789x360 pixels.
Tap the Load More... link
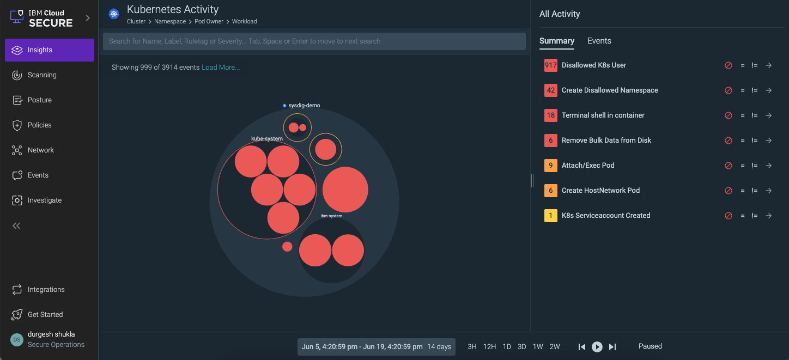click(x=221, y=68)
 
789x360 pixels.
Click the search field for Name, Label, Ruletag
click(x=314, y=41)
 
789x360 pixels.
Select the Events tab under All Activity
click(x=599, y=41)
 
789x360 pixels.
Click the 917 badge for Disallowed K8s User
click(x=550, y=65)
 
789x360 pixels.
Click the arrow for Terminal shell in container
click(x=768, y=115)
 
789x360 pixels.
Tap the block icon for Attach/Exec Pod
click(x=728, y=166)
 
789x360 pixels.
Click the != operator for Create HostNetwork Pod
click(x=755, y=191)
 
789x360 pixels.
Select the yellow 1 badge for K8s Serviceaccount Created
click(x=550, y=216)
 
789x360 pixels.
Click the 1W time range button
click(x=538, y=347)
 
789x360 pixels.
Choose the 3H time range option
click(x=472, y=347)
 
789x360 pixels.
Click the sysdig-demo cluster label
click(x=304, y=106)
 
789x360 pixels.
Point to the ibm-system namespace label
click(x=331, y=216)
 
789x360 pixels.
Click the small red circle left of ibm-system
click(x=287, y=247)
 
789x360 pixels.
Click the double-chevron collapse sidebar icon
click(x=16, y=225)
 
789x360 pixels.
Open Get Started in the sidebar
click(x=45, y=315)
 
